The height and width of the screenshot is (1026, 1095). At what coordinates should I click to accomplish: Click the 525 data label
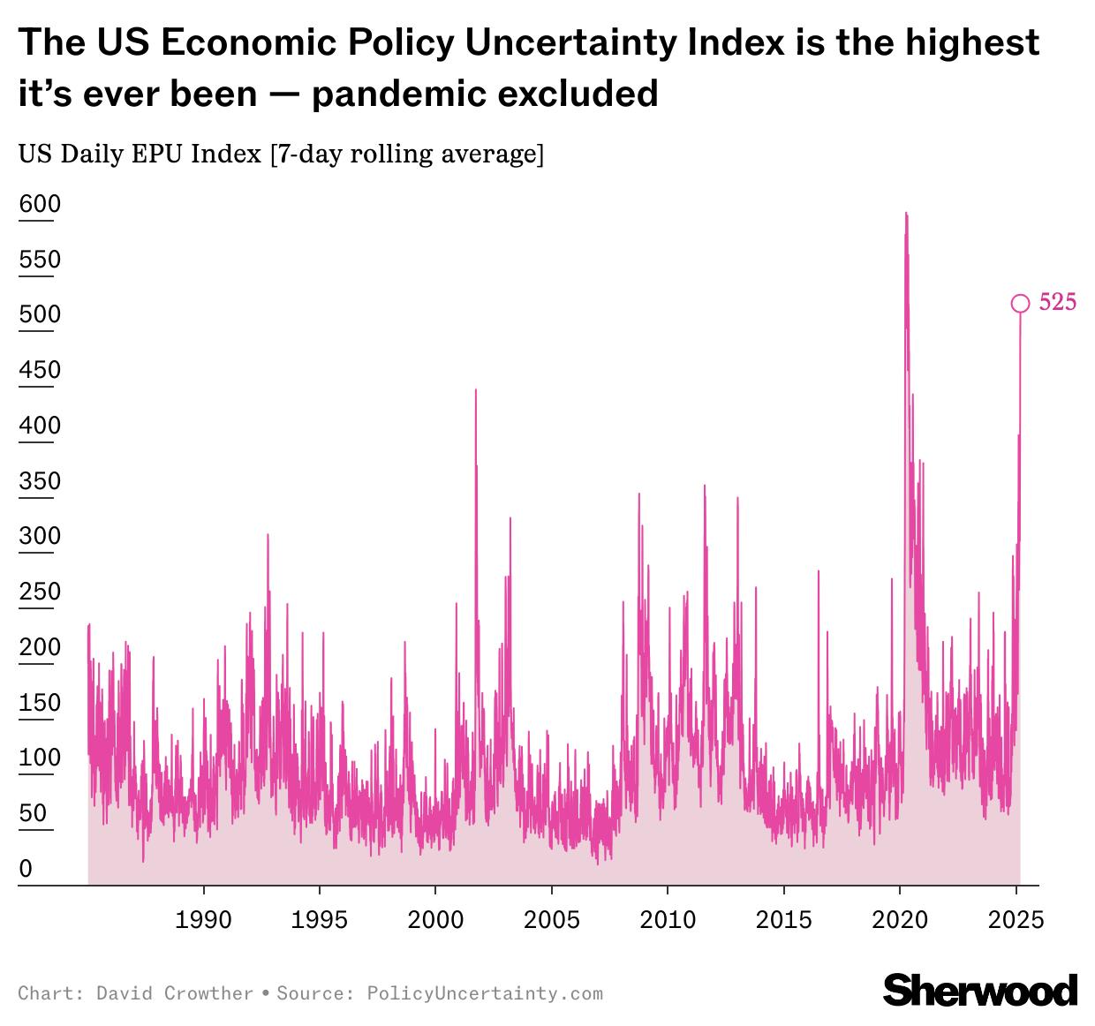pos(1057,303)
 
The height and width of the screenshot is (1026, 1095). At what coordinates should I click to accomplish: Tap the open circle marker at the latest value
pos(1020,304)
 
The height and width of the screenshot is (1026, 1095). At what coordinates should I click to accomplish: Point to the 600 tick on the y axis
pos(40,205)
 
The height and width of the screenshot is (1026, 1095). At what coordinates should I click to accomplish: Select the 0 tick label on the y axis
pos(26,869)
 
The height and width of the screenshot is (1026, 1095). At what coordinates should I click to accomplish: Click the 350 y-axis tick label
pos(40,481)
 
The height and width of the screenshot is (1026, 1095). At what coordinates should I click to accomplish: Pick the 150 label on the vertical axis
pos(40,703)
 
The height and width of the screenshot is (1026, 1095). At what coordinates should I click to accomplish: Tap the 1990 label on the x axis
pos(204,920)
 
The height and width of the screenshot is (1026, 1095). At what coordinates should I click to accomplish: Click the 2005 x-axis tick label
pos(552,920)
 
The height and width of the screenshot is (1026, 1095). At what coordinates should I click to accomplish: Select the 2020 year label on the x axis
pos(900,920)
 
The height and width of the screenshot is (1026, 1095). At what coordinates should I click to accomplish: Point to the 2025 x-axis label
pos(1016,920)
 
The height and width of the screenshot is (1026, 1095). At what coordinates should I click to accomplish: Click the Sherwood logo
pos(980,991)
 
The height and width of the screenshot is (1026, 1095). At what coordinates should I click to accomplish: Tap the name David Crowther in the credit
pos(175,993)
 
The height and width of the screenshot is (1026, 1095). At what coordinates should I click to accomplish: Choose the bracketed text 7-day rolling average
pos(407,155)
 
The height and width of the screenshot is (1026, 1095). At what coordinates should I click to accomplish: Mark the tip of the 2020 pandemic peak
pos(905,213)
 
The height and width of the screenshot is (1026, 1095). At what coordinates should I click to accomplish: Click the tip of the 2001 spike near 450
pos(476,389)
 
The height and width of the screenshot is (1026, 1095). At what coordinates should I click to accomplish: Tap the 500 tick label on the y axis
pos(40,315)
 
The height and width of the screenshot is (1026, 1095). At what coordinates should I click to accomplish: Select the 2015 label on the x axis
pos(784,920)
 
